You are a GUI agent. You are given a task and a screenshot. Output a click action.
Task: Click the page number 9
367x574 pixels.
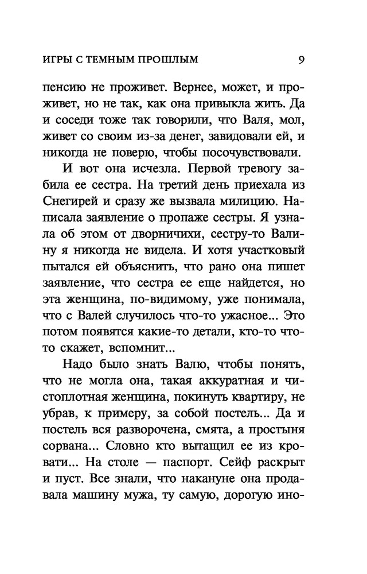[302, 59]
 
